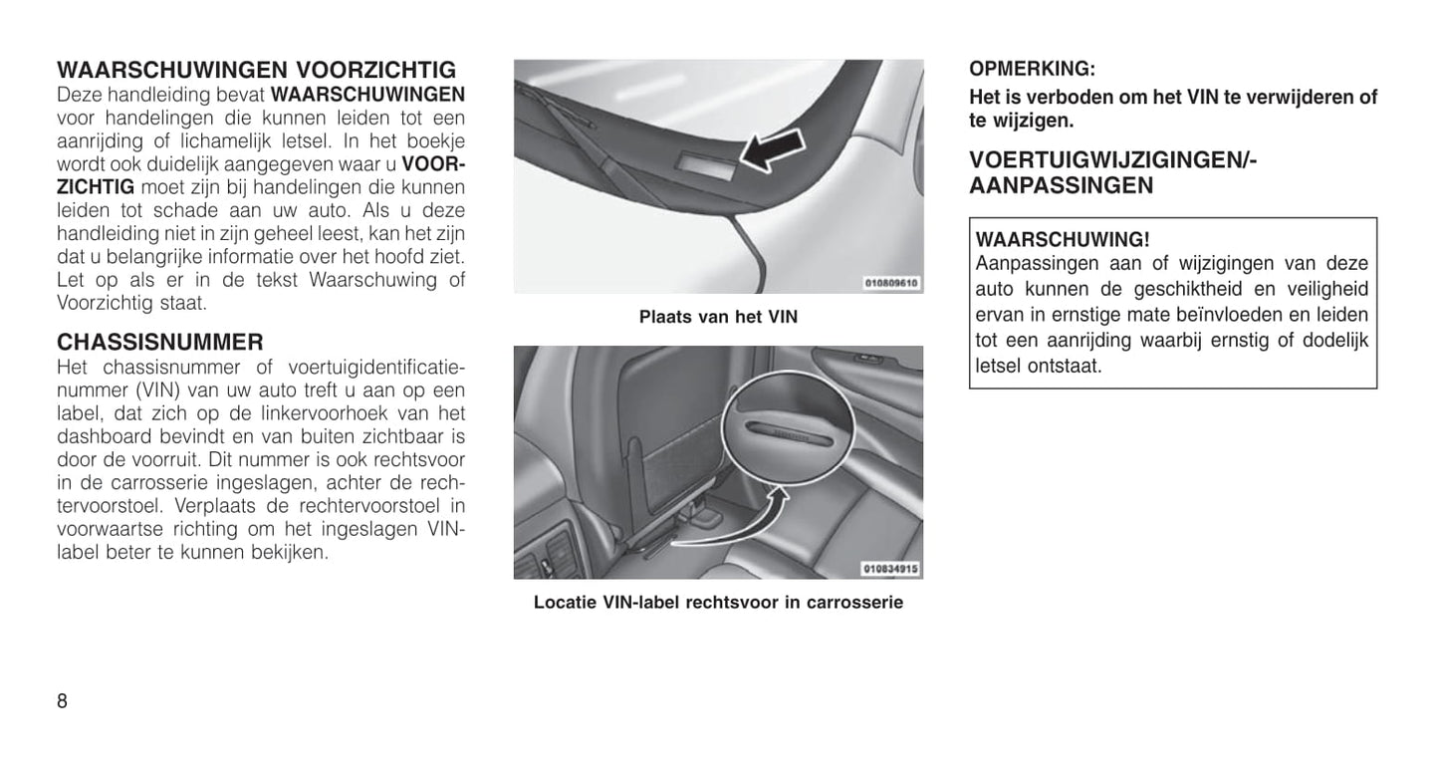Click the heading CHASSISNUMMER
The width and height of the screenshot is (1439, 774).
[160, 343]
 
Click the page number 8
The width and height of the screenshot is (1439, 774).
[63, 700]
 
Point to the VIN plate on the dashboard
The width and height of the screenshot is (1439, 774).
[706, 165]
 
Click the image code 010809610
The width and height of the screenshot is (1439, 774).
[892, 284]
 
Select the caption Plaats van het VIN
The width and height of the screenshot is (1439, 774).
[718, 318]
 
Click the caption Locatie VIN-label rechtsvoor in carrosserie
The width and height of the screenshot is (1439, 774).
[718, 603]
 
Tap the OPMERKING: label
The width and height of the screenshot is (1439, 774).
[1032, 70]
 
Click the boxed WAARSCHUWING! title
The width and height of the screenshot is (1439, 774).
[1063, 240]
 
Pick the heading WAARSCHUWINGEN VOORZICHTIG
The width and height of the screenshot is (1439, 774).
[257, 71]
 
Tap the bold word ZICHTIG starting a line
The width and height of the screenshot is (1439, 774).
[96, 186]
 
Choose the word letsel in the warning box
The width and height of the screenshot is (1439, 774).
[1007, 366]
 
